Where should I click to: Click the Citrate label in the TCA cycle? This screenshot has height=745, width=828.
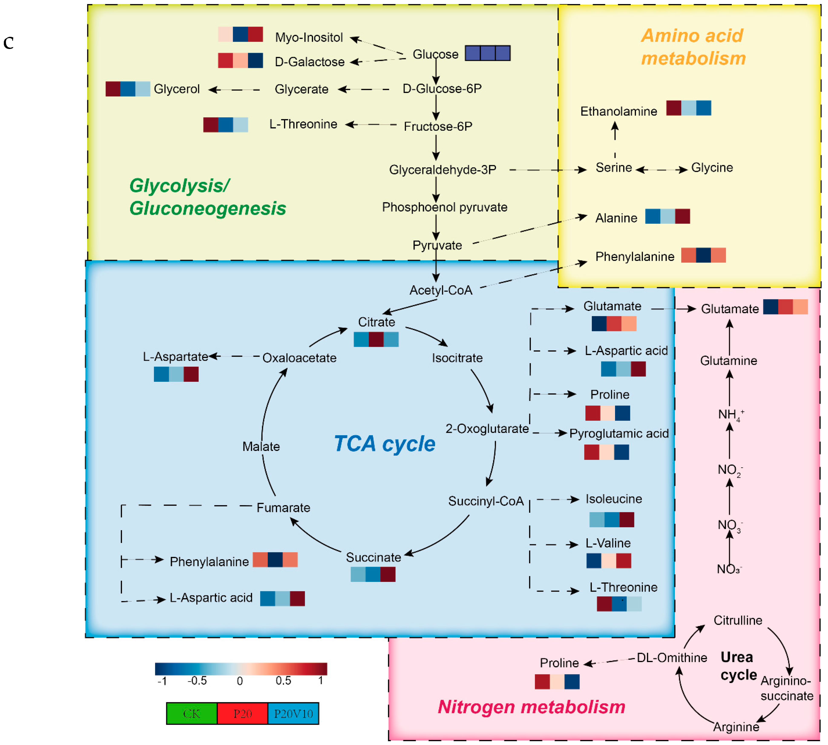(376, 322)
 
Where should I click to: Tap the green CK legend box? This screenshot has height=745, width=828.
(192, 713)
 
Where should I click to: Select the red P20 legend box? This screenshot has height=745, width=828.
(242, 713)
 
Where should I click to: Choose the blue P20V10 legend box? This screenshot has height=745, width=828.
(293, 713)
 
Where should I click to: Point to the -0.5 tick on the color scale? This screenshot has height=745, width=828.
(197, 681)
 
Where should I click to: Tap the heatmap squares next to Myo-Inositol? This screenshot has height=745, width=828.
(240, 34)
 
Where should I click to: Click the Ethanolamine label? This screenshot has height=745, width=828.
(618, 111)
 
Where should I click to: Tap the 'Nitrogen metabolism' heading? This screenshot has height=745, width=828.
(531, 707)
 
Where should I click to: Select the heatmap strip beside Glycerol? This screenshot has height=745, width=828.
(128, 89)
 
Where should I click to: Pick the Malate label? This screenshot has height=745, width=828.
(261, 446)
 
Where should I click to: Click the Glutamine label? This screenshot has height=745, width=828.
(729, 361)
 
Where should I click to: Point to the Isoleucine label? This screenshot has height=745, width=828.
(613, 499)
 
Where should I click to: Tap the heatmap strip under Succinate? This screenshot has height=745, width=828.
(373, 574)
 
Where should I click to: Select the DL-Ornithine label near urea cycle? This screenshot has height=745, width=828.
(671, 658)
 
